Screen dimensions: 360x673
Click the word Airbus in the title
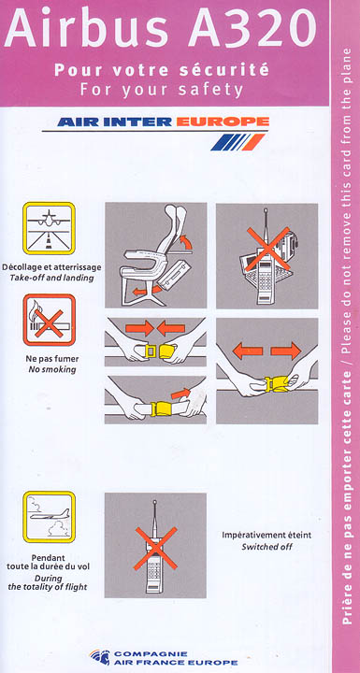pyautogui.click(x=86, y=27)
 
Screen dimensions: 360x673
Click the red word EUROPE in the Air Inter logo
pyautogui.click(x=223, y=122)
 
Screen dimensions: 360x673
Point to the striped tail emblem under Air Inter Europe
pyautogui.click(x=238, y=142)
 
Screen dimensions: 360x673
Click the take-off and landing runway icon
pyautogui.click(x=49, y=228)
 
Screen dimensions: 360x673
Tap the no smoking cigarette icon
pyautogui.click(x=49, y=320)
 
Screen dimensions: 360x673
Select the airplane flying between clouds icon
pyautogui.click(x=49, y=517)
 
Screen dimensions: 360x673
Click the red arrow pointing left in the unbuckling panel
pyautogui.click(x=248, y=351)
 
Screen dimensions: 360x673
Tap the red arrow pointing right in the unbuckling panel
pyautogui.click(x=286, y=351)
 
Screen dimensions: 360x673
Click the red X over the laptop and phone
pyautogui.click(x=267, y=249)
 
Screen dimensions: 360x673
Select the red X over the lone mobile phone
pyautogui.click(x=155, y=549)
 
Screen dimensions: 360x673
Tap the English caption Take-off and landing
pyautogui.click(x=51, y=278)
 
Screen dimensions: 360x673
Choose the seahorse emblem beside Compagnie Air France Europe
pyautogui.click(x=100, y=657)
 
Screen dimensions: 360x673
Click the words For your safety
pyautogui.click(x=162, y=90)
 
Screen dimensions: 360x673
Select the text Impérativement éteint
pyautogui.click(x=266, y=536)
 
